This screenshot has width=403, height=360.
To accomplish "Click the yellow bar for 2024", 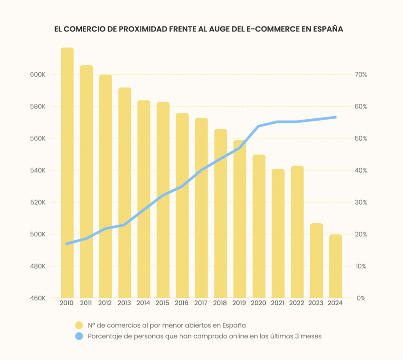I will click(335, 266).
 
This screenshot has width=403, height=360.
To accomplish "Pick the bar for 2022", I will click(297, 232).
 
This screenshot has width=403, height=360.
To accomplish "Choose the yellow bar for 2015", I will click(163, 200).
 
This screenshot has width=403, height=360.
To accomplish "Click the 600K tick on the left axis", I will click(38, 74).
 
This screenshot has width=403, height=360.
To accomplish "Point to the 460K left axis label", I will click(38, 298).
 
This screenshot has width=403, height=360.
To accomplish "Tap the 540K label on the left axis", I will click(38, 170).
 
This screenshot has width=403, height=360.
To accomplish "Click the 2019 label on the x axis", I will click(240, 303).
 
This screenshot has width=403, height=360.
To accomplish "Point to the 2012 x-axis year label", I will click(105, 303).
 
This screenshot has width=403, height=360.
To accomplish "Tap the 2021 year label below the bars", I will click(278, 303).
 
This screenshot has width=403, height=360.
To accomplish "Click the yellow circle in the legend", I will click(79, 325).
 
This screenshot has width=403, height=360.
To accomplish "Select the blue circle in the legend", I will click(79, 336).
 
